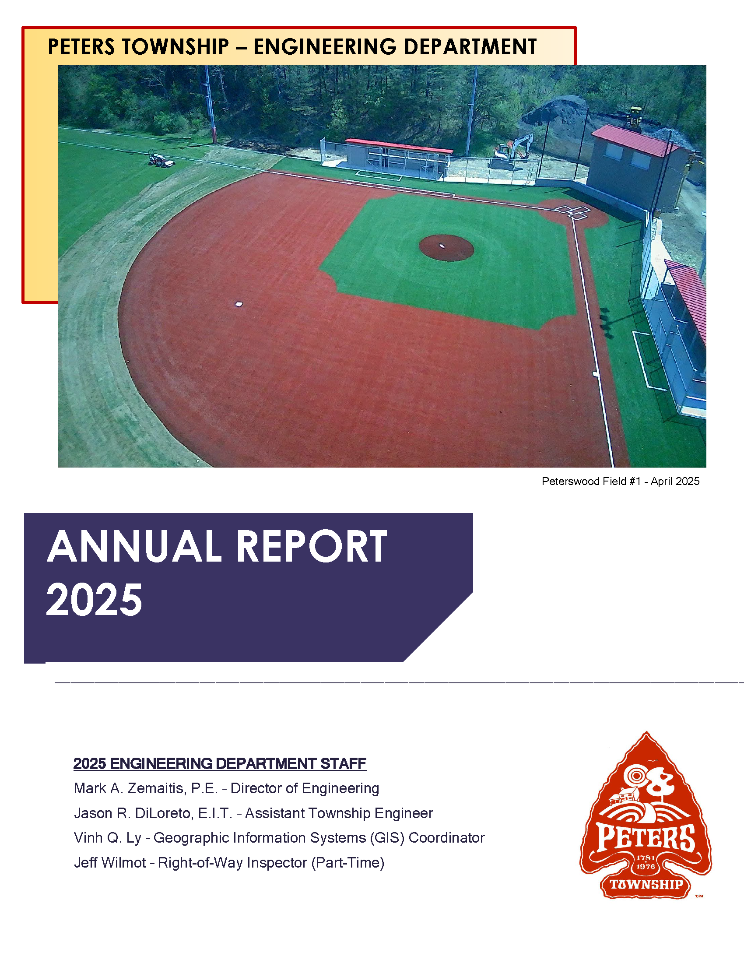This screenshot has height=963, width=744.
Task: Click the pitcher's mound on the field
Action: click(x=446, y=248)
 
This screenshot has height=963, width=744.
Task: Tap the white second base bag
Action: click(x=239, y=304)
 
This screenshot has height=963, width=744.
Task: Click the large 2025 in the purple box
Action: click(x=95, y=600)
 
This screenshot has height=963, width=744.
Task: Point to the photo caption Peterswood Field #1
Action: click(x=591, y=481)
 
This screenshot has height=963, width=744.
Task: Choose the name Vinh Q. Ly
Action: click(x=108, y=837)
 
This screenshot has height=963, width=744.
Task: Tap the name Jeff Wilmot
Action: click(x=110, y=862)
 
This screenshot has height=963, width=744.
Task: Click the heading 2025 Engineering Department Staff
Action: click(x=220, y=763)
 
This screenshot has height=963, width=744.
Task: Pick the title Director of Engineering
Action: click(x=305, y=788)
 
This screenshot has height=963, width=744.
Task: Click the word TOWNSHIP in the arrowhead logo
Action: click(x=646, y=885)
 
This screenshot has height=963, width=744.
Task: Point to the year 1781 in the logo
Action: click(x=646, y=858)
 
